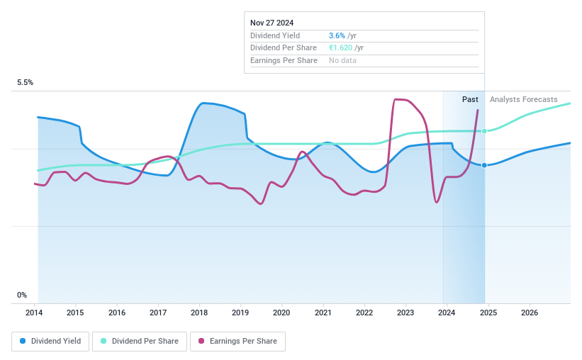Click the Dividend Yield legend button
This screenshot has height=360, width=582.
coord(51,341)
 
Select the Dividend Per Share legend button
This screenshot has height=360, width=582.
coord(140,341)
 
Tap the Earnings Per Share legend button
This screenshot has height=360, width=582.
coord(237,341)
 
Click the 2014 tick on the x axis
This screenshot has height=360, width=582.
coord(35,313)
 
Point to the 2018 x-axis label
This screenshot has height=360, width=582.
coord(199,313)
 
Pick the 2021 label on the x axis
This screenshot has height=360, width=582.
coord(323,313)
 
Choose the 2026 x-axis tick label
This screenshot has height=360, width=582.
coord(529,313)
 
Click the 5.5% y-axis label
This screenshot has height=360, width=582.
coord(26,83)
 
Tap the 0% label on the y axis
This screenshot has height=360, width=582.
coord(22,295)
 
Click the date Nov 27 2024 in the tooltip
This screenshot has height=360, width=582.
coord(272,23)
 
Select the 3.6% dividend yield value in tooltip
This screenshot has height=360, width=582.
coord(337,35)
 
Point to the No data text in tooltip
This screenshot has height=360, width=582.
coord(342,60)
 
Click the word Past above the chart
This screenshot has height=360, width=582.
coord(470,99)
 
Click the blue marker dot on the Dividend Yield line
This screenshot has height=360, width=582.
coord(485,165)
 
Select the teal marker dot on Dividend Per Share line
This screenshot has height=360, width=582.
coord(485,131)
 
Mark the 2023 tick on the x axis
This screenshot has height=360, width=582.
coord(405,313)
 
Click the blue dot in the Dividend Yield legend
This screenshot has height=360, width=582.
coord(23,341)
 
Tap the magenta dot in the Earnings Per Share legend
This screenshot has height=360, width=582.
coord(202,341)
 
